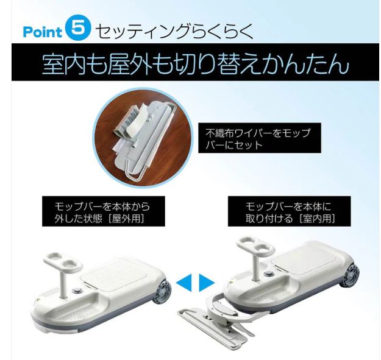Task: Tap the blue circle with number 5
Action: (78, 29)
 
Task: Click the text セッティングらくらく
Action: (174, 30)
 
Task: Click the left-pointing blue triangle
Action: (183, 282)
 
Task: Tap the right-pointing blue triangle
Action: (207, 282)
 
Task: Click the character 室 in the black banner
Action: (55, 64)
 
